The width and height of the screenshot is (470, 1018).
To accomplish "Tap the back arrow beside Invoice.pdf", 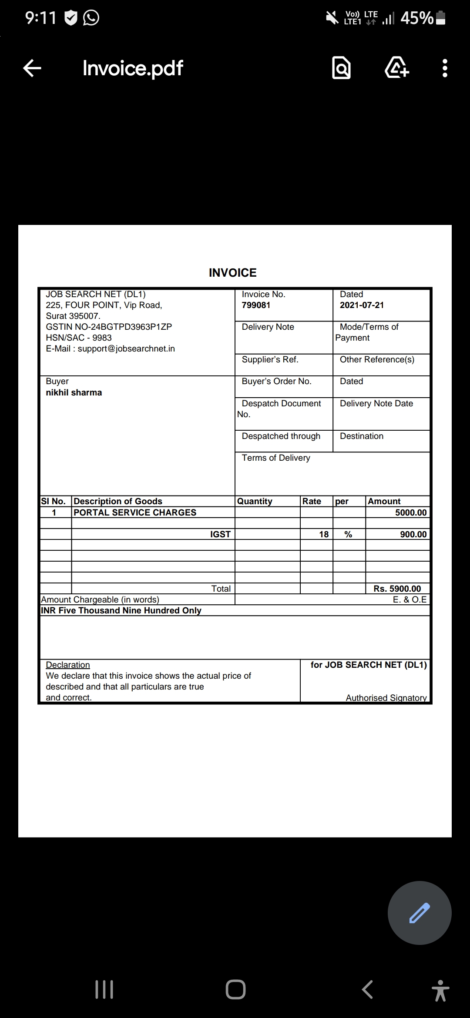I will (x=32, y=68).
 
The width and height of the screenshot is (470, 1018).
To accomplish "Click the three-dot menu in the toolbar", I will (x=444, y=68).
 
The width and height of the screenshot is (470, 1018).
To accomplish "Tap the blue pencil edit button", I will (x=420, y=913).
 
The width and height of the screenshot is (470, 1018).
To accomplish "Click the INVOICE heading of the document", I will (x=233, y=273).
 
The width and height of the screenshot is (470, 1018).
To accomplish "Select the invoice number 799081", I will (x=256, y=305).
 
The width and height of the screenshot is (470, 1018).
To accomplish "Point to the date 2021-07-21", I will (x=362, y=305).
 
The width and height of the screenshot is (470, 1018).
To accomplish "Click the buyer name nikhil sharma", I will (x=74, y=393).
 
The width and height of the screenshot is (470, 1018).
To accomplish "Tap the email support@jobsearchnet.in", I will (x=126, y=349).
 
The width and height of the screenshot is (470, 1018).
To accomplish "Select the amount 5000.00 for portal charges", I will (x=410, y=513).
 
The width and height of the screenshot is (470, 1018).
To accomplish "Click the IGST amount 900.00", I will (x=413, y=535).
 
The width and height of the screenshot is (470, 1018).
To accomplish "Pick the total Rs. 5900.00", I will (x=397, y=589).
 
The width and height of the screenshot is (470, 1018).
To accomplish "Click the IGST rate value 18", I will (x=324, y=535).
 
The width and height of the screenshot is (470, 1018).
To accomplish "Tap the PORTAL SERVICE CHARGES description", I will (x=135, y=513).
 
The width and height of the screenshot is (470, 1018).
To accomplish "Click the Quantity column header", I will (x=255, y=502).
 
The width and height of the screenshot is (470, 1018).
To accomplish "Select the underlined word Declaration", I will (x=68, y=665).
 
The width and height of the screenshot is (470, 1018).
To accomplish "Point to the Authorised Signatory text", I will (x=386, y=698).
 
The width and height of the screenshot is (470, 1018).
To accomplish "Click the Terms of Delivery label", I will (x=276, y=458).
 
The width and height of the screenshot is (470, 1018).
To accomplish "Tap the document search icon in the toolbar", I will (x=341, y=68).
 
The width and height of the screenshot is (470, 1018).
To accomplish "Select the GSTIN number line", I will (x=109, y=327).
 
